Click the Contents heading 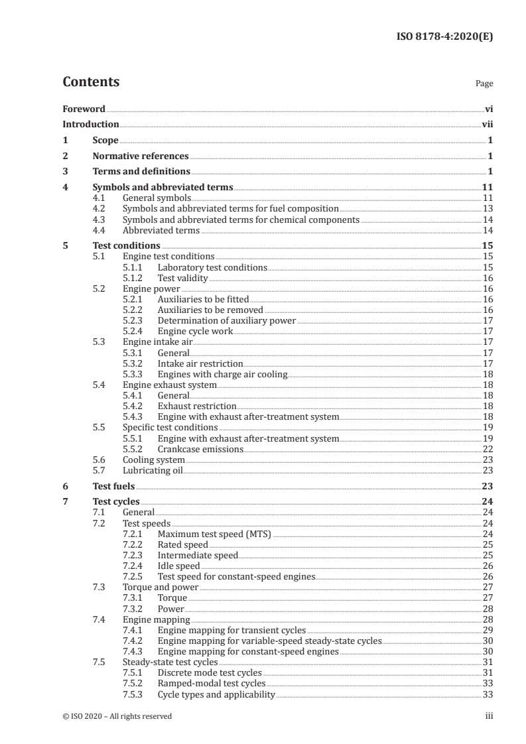91,82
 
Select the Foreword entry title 84,108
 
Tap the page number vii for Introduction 488,124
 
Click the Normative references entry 141,156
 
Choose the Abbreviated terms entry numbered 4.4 161,230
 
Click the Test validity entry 182,279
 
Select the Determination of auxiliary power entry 226,320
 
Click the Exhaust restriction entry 197,406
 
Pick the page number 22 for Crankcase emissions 488,449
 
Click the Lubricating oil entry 153,470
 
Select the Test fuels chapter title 113,486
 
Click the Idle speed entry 178,566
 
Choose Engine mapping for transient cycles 231,630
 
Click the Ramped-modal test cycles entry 211,683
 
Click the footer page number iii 490,716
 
